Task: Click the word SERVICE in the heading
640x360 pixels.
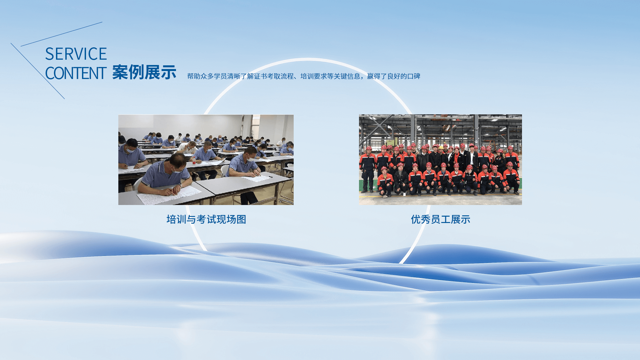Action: pyautogui.click(x=76, y=54)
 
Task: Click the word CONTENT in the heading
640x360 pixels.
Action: pyautogui.click(x=76, y=73)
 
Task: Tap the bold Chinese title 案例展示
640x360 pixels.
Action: pyautogui.click(x=144, y=72)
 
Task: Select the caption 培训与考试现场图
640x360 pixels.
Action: pyautogui.click(x=206, y=219)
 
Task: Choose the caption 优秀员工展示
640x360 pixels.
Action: pyautogui.click(x=440, y=219)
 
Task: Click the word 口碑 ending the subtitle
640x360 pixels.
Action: pyautogui.click(x=414, y=76)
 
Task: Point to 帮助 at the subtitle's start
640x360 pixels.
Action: pyautogui.click(x=194, y=76)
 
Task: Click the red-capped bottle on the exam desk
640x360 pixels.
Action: pyautogui.click(x=194, y=161)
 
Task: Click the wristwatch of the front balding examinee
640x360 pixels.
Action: pyautogui.click(x=180, y=184)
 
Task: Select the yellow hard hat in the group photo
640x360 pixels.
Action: pyautogui.click(x=441, y=147)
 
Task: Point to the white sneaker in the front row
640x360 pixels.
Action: pyautogui.click(x=404, y=194)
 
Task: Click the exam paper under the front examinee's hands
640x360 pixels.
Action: pyautogui.click(x=169, y=195)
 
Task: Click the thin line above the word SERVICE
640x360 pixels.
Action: pyautogui.click(x=62, y=34)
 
